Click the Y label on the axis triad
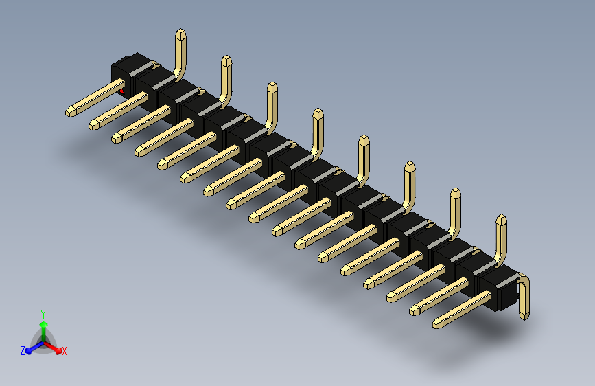tap(43, 313)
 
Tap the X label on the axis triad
tap(65, 352)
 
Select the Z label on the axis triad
tap(23, 350)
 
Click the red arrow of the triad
tap(55, 348)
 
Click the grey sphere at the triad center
tap(43, 341)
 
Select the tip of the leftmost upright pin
tap(180, 32)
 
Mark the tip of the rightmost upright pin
tap(502, 219)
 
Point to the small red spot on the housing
tap(122, 91)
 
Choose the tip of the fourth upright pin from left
tap(317, 113)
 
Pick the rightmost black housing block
tap(498, 289)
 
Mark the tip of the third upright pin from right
tap(410, 166)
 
